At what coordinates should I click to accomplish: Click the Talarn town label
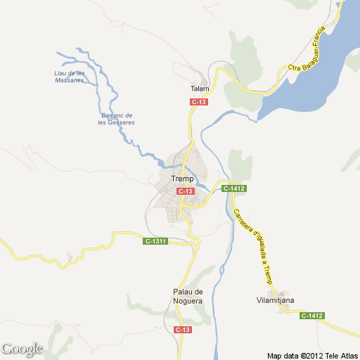200,89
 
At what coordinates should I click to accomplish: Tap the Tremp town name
182,179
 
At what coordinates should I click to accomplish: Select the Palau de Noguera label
188,296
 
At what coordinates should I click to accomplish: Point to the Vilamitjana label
276,300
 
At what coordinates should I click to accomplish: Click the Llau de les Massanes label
70,77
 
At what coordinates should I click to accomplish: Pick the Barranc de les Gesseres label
117,119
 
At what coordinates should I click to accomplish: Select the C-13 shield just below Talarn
199,102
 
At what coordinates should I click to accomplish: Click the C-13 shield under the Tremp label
185,191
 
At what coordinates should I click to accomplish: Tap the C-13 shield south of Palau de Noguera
182,329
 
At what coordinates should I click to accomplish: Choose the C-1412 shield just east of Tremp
233,188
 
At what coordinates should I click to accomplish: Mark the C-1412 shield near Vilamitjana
311,316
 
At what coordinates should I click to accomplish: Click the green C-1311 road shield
155,242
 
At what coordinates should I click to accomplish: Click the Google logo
21,348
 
